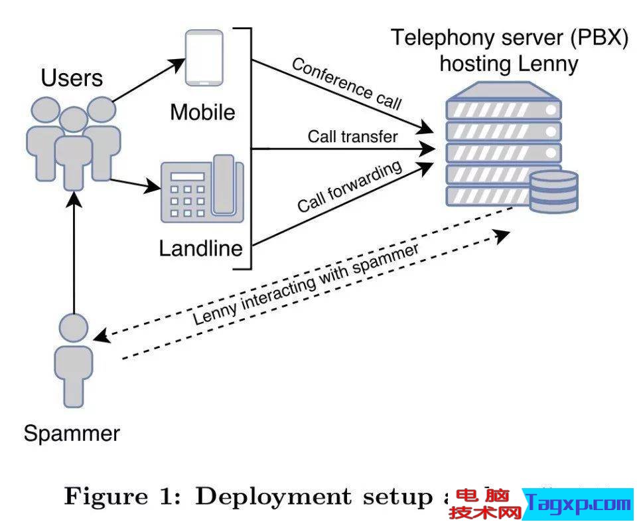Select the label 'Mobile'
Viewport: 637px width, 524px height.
click(x=202, y=112)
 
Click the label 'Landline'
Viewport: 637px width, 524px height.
click(x=201, y=249)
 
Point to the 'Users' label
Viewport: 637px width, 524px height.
click(x=72, y=78)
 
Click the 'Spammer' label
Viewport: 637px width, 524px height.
click(x=72, y=434)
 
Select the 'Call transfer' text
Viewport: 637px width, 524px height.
click(x=352, y=137)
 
